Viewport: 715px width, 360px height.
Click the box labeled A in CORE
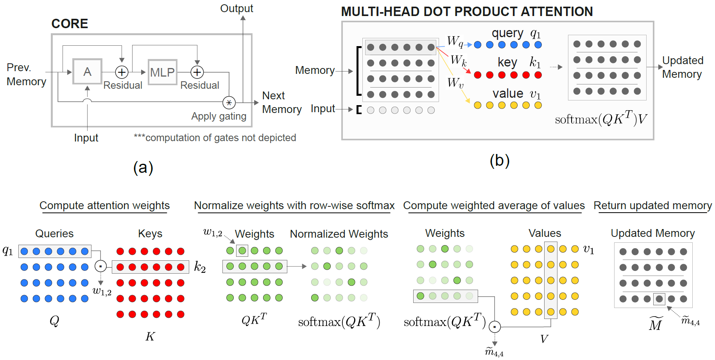[x=87, y=72]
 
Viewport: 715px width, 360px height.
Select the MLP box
[x=162, y=72]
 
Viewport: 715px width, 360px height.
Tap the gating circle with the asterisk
[x=229, y=103]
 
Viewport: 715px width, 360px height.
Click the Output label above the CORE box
[x=237, y=8]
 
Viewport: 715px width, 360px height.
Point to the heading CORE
[x=70, y=24]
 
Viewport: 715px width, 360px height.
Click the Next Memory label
[x=281, y=102]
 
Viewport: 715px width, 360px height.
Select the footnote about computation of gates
[x=215, y=138]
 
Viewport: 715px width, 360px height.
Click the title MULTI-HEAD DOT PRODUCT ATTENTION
[x=467, y=12]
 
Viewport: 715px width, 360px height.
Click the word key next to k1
[x=507, y=62]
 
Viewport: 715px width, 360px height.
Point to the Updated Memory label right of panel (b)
[x=683, y=67]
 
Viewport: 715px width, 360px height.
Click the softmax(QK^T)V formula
[x=601, y=118]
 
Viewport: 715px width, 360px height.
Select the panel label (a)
[x=143, y=167]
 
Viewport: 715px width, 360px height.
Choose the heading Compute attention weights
[x=104, y=205]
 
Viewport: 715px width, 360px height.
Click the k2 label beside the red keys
[x=200, y=267]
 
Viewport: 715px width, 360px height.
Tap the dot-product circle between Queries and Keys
[x=100, y=266]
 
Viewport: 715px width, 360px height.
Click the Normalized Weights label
[x=339, y=234]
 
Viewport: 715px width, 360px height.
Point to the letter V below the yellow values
[x=544, y=339]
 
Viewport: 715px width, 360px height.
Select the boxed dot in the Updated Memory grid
[x=659, y=299]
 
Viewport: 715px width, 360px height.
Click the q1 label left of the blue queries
[x=8, y=251]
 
